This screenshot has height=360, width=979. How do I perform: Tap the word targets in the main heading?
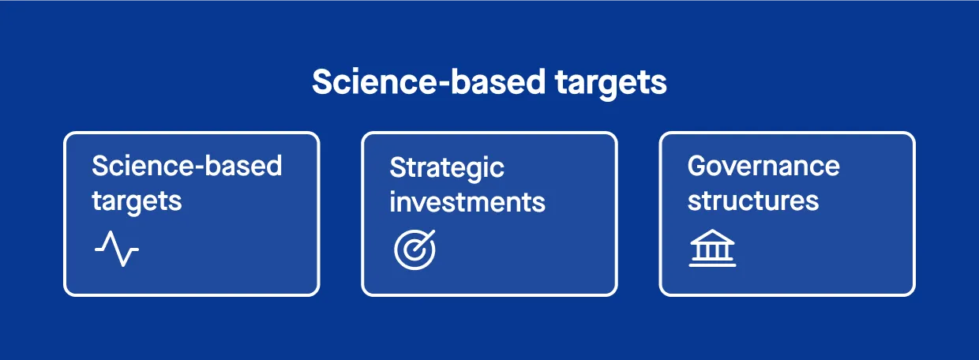pos(611,84)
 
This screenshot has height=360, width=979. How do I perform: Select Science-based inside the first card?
pos(187,166)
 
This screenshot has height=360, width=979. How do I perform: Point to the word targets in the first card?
pos(137,202)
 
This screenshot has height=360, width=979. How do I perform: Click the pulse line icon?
pos(117,249)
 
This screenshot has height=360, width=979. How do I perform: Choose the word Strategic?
pos(447,169)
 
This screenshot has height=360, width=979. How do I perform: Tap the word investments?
pos(467,202)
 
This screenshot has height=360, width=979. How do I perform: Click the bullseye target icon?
pos(414,249)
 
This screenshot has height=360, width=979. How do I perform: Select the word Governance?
pos(763,166)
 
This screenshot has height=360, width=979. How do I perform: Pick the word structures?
pos(753,201)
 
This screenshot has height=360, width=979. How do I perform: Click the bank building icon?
pos(712,248)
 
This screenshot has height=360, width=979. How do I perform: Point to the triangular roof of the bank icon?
pos(712,236)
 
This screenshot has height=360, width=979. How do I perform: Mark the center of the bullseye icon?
pos(413,251)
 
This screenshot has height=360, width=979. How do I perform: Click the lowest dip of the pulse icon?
pos(123,264)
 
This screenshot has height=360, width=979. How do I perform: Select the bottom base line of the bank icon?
pos(712,264)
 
